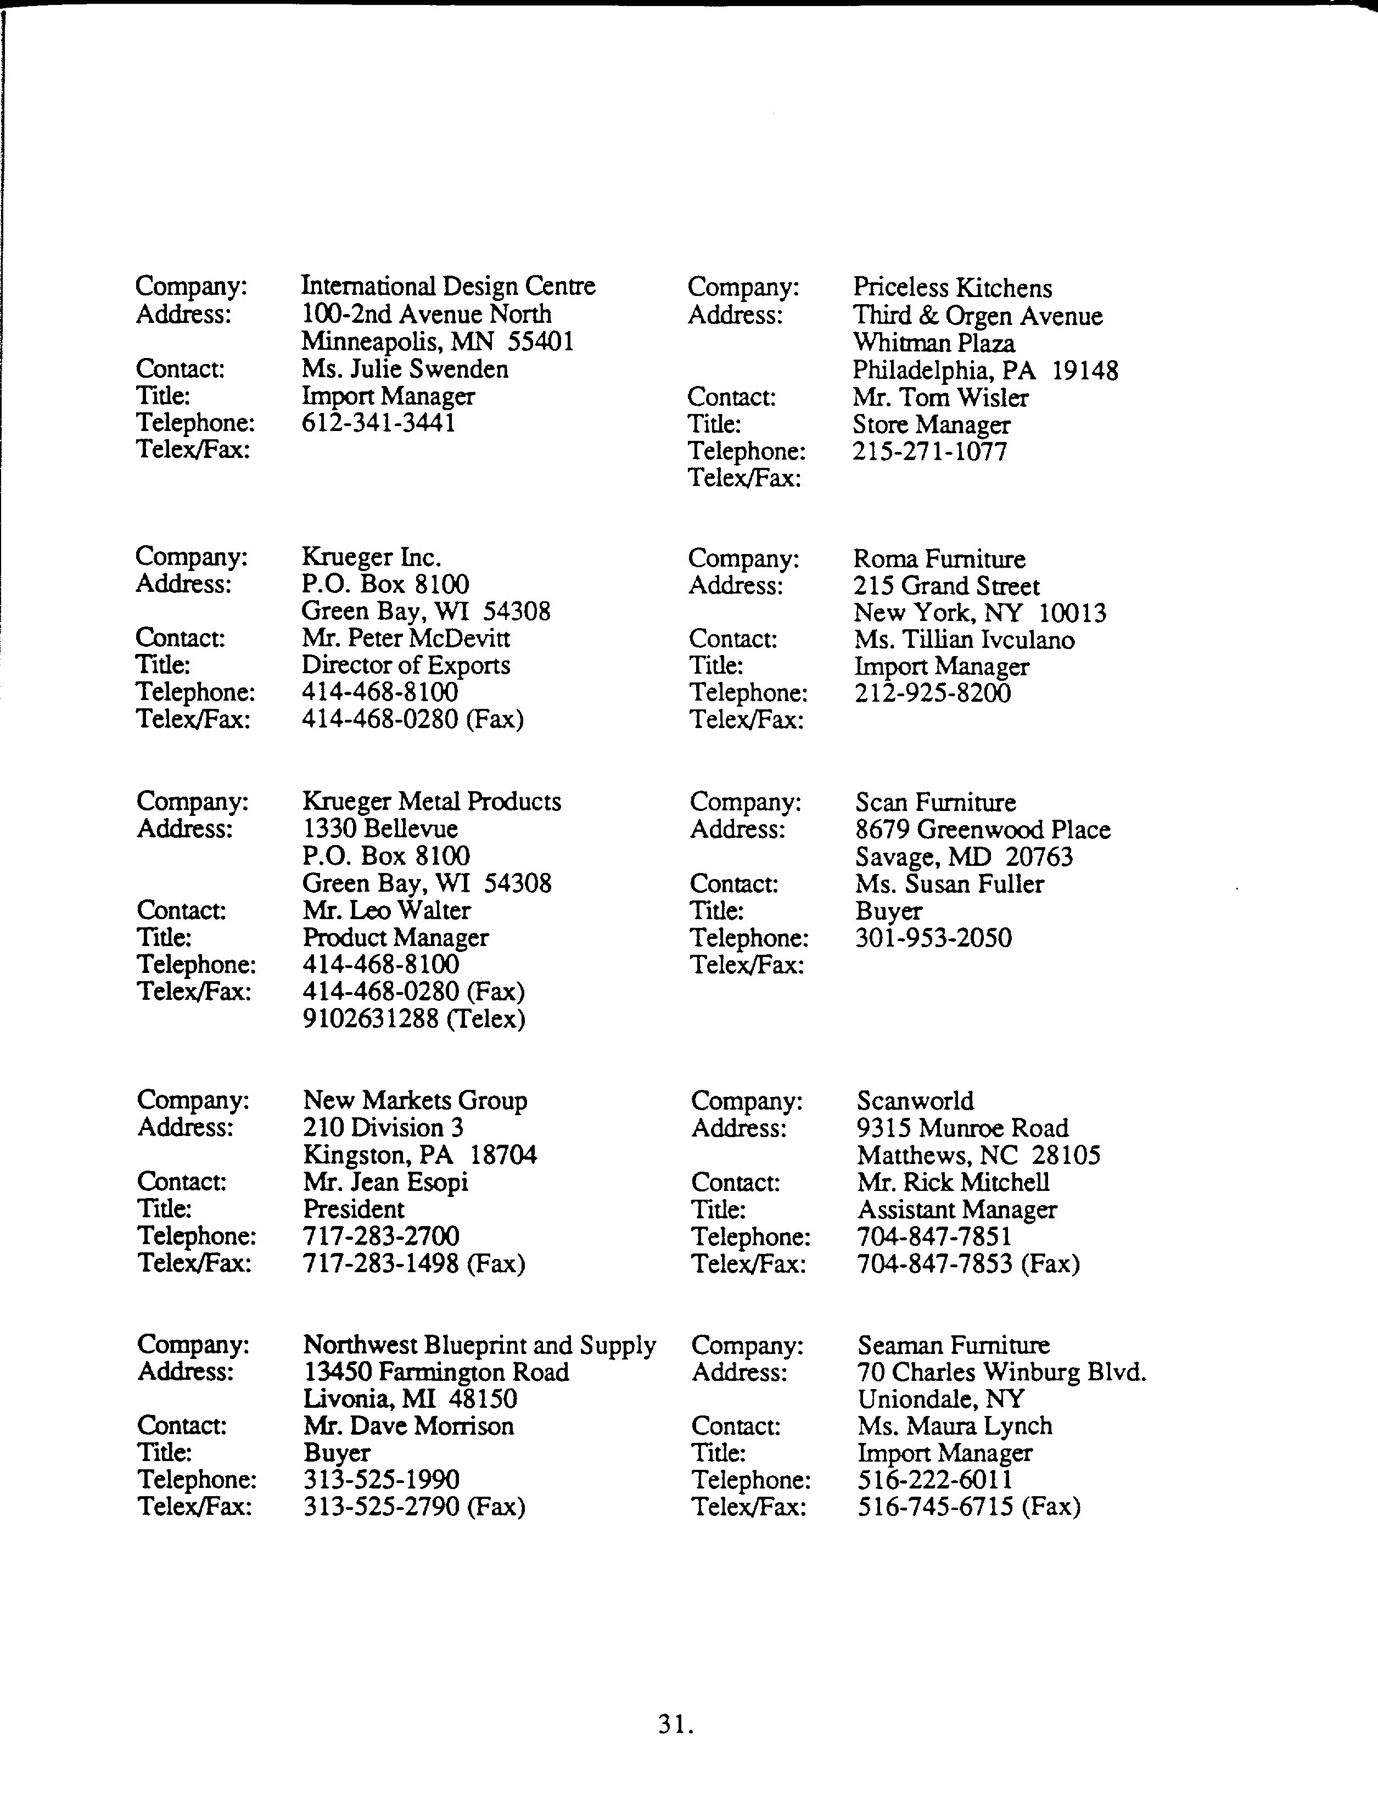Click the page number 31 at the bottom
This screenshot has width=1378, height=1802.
tap(675, 1724)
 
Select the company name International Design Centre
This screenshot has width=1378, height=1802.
tap(448, 286)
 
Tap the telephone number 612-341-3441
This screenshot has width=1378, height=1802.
tap(378, 422)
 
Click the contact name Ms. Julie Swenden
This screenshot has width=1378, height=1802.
tap(405, 369)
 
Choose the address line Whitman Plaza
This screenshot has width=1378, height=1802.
tap(933, 343)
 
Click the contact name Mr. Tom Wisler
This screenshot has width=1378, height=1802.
tap(940, 398)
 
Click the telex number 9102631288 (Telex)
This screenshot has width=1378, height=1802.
tap(413, 1018)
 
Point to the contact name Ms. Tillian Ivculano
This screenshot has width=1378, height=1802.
tap(964, 640)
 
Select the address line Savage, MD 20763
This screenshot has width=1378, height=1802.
tap(964, 857)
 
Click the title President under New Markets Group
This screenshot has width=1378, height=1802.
tap(354, 1209)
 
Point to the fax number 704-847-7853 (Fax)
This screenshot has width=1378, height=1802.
tap(968, 1264)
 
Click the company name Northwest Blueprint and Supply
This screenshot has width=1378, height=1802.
tap(479, 1345)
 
